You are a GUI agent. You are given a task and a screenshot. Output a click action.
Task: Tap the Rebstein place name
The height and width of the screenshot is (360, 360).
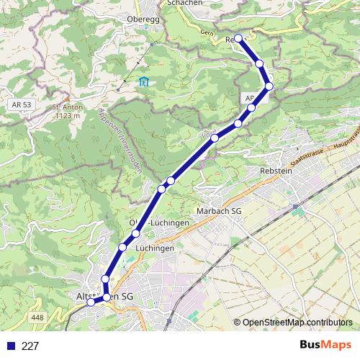276,171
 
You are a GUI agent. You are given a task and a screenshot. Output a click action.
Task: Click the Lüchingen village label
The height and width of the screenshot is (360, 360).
154,248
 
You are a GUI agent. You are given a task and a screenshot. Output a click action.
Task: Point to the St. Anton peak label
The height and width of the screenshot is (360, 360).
66,107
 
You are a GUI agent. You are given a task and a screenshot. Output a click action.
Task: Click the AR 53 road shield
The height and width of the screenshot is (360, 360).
22,104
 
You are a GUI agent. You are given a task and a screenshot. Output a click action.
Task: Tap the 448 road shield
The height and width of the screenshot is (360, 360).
38,318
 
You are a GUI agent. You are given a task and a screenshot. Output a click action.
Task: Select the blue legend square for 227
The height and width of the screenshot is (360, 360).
10,346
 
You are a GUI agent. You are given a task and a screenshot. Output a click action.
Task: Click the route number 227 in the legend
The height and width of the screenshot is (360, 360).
30,346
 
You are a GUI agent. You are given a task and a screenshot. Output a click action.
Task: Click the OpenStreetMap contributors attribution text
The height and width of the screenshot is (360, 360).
297,323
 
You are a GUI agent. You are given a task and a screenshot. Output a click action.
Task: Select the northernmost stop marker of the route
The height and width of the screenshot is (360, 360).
238,39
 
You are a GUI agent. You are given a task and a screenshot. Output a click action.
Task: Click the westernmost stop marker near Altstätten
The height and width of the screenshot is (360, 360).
91,302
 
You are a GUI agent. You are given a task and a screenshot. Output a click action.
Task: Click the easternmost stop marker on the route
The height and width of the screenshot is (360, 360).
269,86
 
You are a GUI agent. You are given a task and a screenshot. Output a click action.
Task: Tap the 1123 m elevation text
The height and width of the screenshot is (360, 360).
66,115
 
